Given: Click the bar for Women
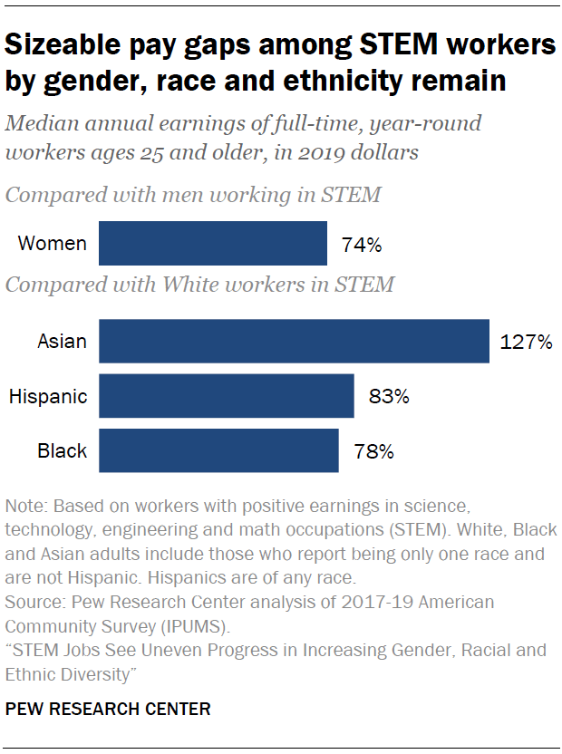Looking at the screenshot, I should [x=212, y=243].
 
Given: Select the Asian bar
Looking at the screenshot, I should [x=294, y=342].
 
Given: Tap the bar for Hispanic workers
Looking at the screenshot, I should [x=226, y=396].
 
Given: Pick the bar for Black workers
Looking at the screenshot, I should [x=218, y=450].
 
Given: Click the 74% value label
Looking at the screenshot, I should [x=362, y=245].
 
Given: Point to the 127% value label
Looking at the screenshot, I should [x=525, y=343].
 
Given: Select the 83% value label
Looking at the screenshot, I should [x=389, y=397].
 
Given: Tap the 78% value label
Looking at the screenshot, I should [x=373, y=451].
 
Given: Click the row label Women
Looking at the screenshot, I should [x=53, y=244].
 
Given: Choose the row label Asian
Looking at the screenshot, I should [x=63, y=342].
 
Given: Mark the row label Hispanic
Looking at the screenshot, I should [x=48, y=396].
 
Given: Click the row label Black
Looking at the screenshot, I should [x=63, y=450].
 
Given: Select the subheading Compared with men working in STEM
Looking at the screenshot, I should [x=193, y=194].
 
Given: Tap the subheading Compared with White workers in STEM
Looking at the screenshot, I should [x=199, y=285].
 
